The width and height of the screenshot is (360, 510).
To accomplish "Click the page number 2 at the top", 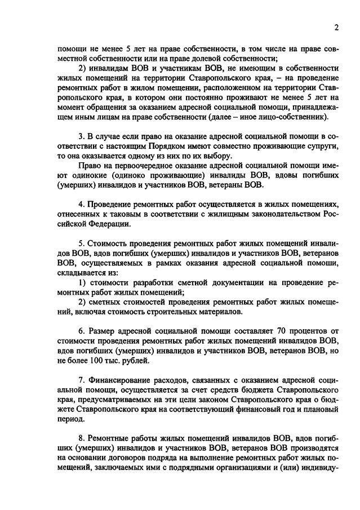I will coord(336,28).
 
